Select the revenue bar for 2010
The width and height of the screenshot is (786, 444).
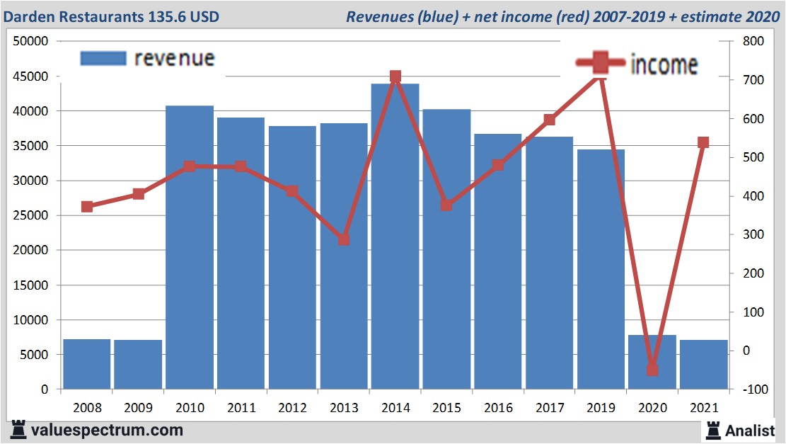[190, 247]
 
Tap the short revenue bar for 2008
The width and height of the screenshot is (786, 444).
[87, 364]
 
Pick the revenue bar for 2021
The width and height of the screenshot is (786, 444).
[703, 364]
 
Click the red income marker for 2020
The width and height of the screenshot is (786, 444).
[652, 370]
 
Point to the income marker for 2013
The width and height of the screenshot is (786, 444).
[344, 239]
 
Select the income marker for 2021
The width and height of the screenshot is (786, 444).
[703, 143]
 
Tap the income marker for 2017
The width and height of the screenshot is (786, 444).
[549, 120]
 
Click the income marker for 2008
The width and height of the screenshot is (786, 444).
[87, 207]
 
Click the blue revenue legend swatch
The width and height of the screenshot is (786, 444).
[103, 58]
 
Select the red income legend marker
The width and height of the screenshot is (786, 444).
[600, 63]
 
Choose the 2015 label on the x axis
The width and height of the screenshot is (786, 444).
[446, 408]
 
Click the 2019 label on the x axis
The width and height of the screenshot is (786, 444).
[601, 408]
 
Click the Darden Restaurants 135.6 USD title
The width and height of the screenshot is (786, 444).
[111, 16]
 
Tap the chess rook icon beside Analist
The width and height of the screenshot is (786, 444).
[712, 430]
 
